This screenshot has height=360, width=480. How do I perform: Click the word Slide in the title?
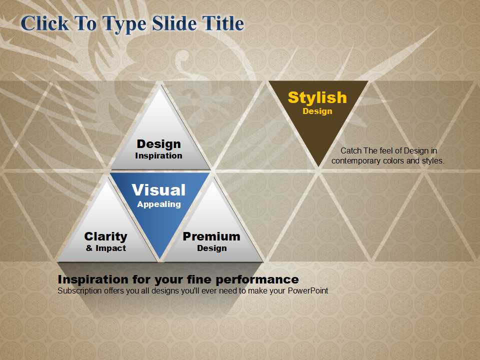pos(174,23)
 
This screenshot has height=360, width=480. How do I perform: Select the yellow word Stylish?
pos(317,98)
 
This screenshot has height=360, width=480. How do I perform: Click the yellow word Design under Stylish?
pos(317,111)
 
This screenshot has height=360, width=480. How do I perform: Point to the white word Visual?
pos(158,190)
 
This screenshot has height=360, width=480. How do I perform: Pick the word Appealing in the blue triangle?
pos(159,204)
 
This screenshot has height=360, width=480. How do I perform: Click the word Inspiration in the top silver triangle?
pos(158,155)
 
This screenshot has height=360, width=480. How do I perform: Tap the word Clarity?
pos(105,236)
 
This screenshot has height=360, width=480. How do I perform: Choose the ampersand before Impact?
pos(89,248)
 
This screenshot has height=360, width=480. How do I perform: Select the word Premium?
pos(211,236)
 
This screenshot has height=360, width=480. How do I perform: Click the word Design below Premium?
pos(212,248)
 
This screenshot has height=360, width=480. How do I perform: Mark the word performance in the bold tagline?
pos(257,280)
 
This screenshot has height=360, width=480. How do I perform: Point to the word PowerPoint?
pos(308,290)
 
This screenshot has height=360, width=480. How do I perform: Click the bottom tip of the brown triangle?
pos(318,167)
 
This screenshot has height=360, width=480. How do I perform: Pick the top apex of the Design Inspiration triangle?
pos(159,87)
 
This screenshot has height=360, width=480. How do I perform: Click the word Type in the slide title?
pos(124,24)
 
